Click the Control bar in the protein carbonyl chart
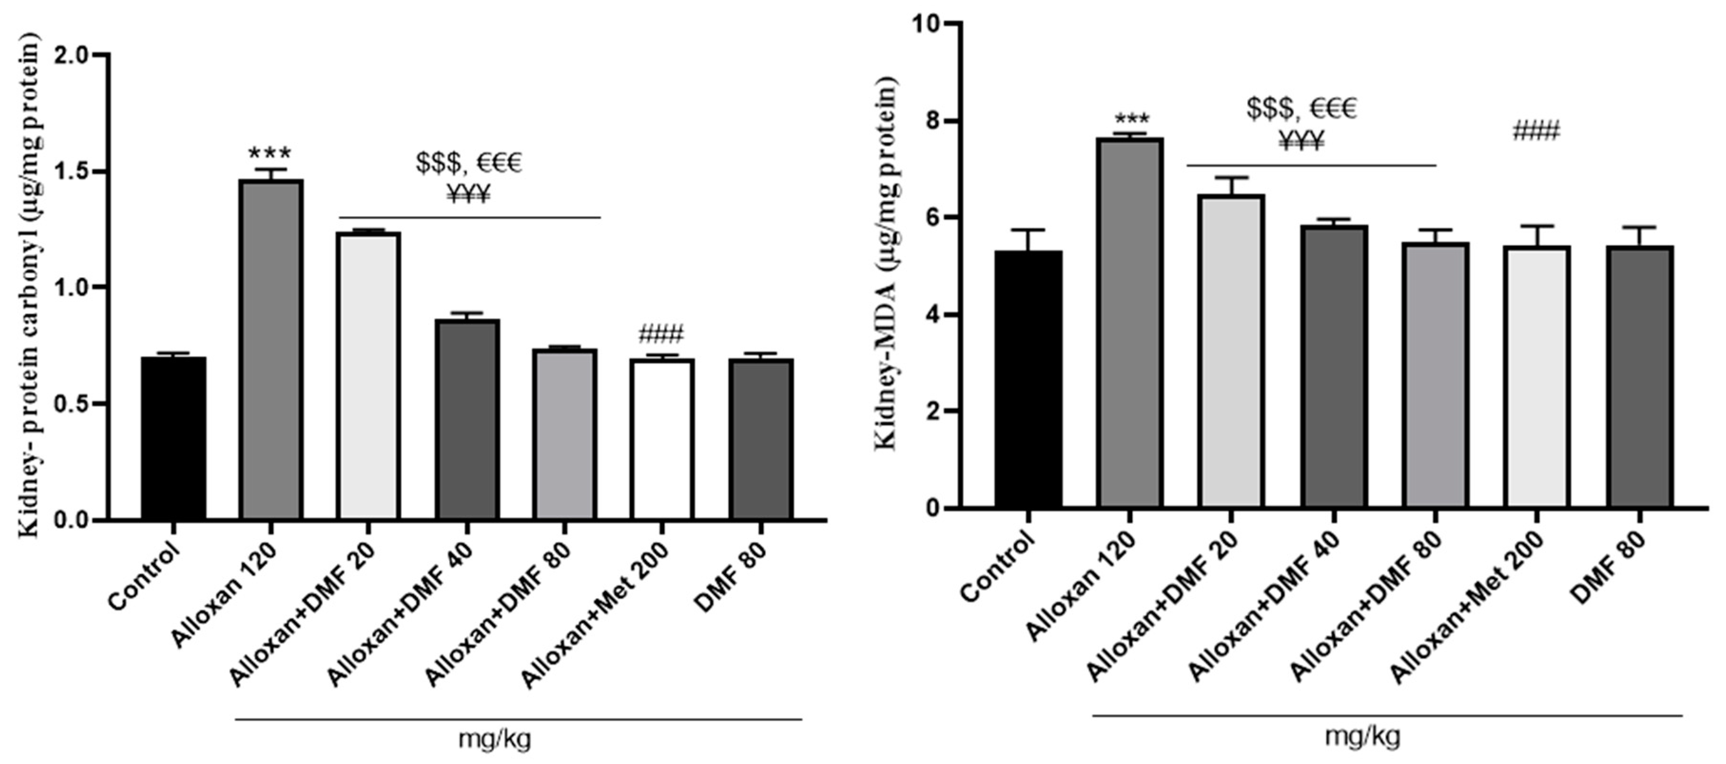(174, 439)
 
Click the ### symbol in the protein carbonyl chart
(661, 333)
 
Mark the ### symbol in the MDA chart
(1536, 131)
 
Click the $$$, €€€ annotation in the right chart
(1301, 108)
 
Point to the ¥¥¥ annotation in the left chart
(468, 195)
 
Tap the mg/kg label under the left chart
(495, 739)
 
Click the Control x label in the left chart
(145, 576)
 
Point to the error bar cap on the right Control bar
(1028, 230)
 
